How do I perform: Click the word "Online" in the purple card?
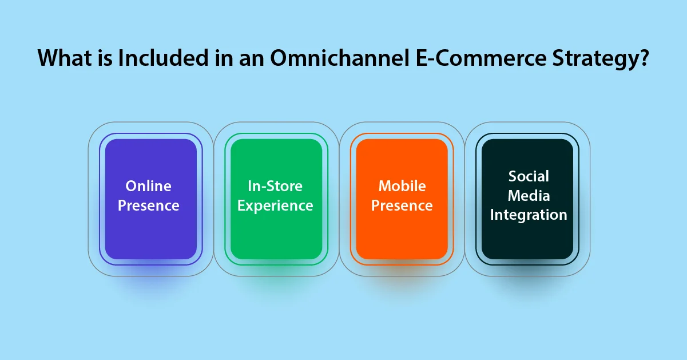[x=149, y=186]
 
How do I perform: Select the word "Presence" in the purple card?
[x=149, y=205]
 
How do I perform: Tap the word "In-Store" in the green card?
[x=275, y=186]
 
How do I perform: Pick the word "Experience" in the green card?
[x=275, y=205]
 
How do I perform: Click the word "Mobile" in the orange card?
[x=402, y=186]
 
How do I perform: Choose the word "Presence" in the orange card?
[x=402, y=205]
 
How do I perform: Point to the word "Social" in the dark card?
[x=529, y=176]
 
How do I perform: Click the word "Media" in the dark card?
[x=529, y=196]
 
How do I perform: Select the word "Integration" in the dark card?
[x=529, y=215]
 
